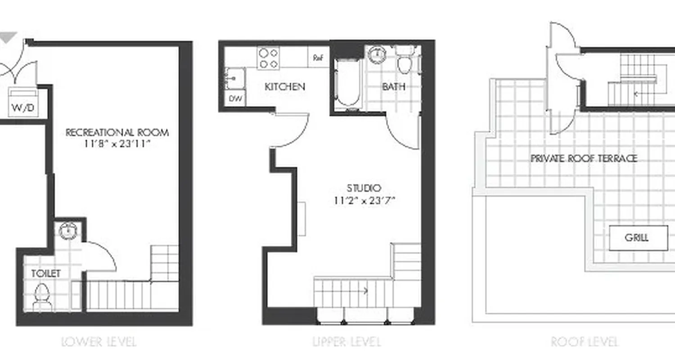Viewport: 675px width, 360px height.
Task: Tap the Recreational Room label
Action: click(117, 132)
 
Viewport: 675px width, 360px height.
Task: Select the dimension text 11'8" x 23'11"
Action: click(117, 144)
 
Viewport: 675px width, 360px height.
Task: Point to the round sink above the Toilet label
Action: click(68, 231)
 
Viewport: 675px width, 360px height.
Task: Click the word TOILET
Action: click(46, 273)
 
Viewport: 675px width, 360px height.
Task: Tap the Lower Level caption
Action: click(99, 342)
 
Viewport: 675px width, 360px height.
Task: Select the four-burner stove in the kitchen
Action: click(268, 58)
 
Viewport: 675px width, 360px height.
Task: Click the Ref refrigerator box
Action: click(319, 58)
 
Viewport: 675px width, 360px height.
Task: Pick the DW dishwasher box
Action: click(234, 98)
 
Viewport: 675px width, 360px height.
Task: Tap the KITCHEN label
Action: click(285, 86)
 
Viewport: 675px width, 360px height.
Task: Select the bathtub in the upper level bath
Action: click(348, 84)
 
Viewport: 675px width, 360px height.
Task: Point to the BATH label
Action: click(394, 86)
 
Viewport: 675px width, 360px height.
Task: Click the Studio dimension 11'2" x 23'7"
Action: click(364, 201)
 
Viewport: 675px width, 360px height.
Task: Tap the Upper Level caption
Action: click(347, 342)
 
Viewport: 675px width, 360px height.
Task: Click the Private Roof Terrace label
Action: click(584, 158)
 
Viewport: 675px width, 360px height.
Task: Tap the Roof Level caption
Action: click(585, 342)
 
